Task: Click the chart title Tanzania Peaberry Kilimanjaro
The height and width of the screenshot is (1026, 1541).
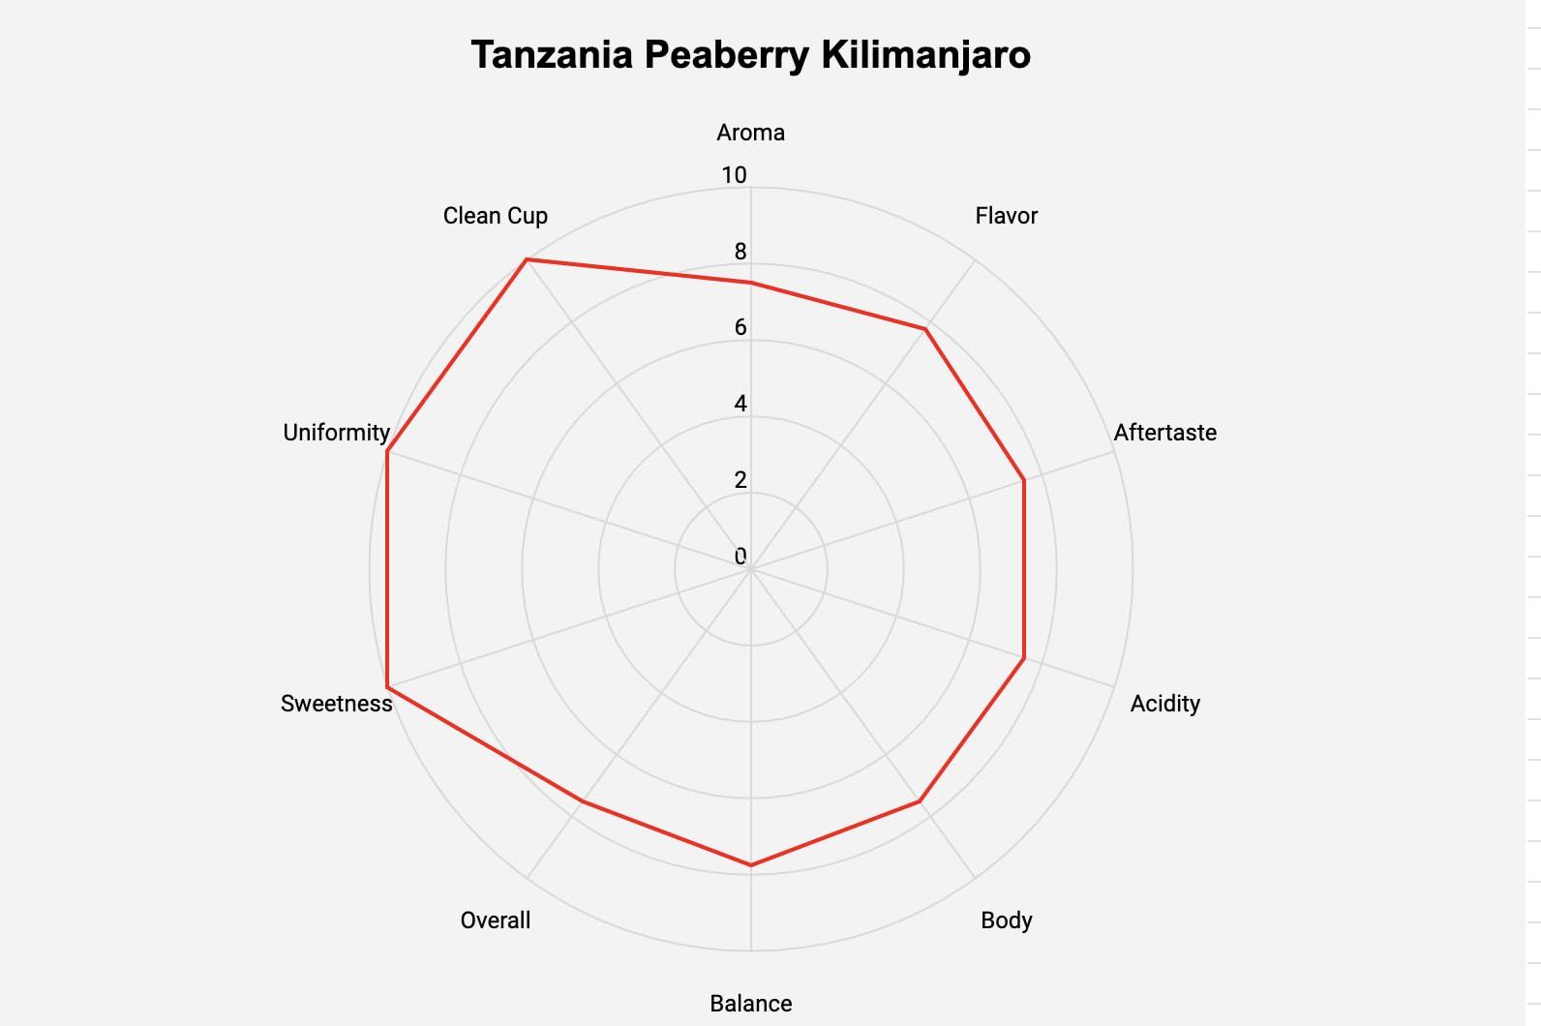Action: click(x=750, y=55)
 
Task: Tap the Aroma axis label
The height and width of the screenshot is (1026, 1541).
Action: click(x=750, y=133)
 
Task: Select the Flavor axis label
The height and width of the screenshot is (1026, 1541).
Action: click(x=1006, y=216)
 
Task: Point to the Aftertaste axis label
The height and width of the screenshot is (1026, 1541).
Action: click(x=1164, y=433)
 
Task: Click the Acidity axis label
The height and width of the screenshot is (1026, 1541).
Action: click(x=1164, y=704)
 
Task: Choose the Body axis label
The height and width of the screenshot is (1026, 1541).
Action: click(x=1006, y=920)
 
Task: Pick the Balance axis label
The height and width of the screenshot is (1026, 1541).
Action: click(x=750, y=1004)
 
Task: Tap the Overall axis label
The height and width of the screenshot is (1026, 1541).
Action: click(x=495, y=920)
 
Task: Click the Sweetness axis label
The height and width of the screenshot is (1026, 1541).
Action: click(x=336, y=704)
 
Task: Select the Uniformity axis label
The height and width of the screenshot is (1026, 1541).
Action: click(x=336, y=433)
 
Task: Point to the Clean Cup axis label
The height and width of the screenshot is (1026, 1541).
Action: click(x=495, y=216)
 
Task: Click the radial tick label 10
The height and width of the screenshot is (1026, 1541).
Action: click(x=734, y=175)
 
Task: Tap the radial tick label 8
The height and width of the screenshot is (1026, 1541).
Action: click(x=740, y=252)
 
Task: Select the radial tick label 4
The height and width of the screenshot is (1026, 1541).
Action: click(x=740, y=404)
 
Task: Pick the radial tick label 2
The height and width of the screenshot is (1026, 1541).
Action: click(x=740, y=480)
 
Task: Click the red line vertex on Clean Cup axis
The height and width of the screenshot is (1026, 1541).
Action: click(x=526, y=259)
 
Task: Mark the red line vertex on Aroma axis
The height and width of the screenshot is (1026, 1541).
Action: click(x=750, y=283)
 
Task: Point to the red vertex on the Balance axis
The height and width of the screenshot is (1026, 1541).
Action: click(x=750, y=864)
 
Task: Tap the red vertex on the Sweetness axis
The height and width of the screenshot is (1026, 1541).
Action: click(x=387, y=687)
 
